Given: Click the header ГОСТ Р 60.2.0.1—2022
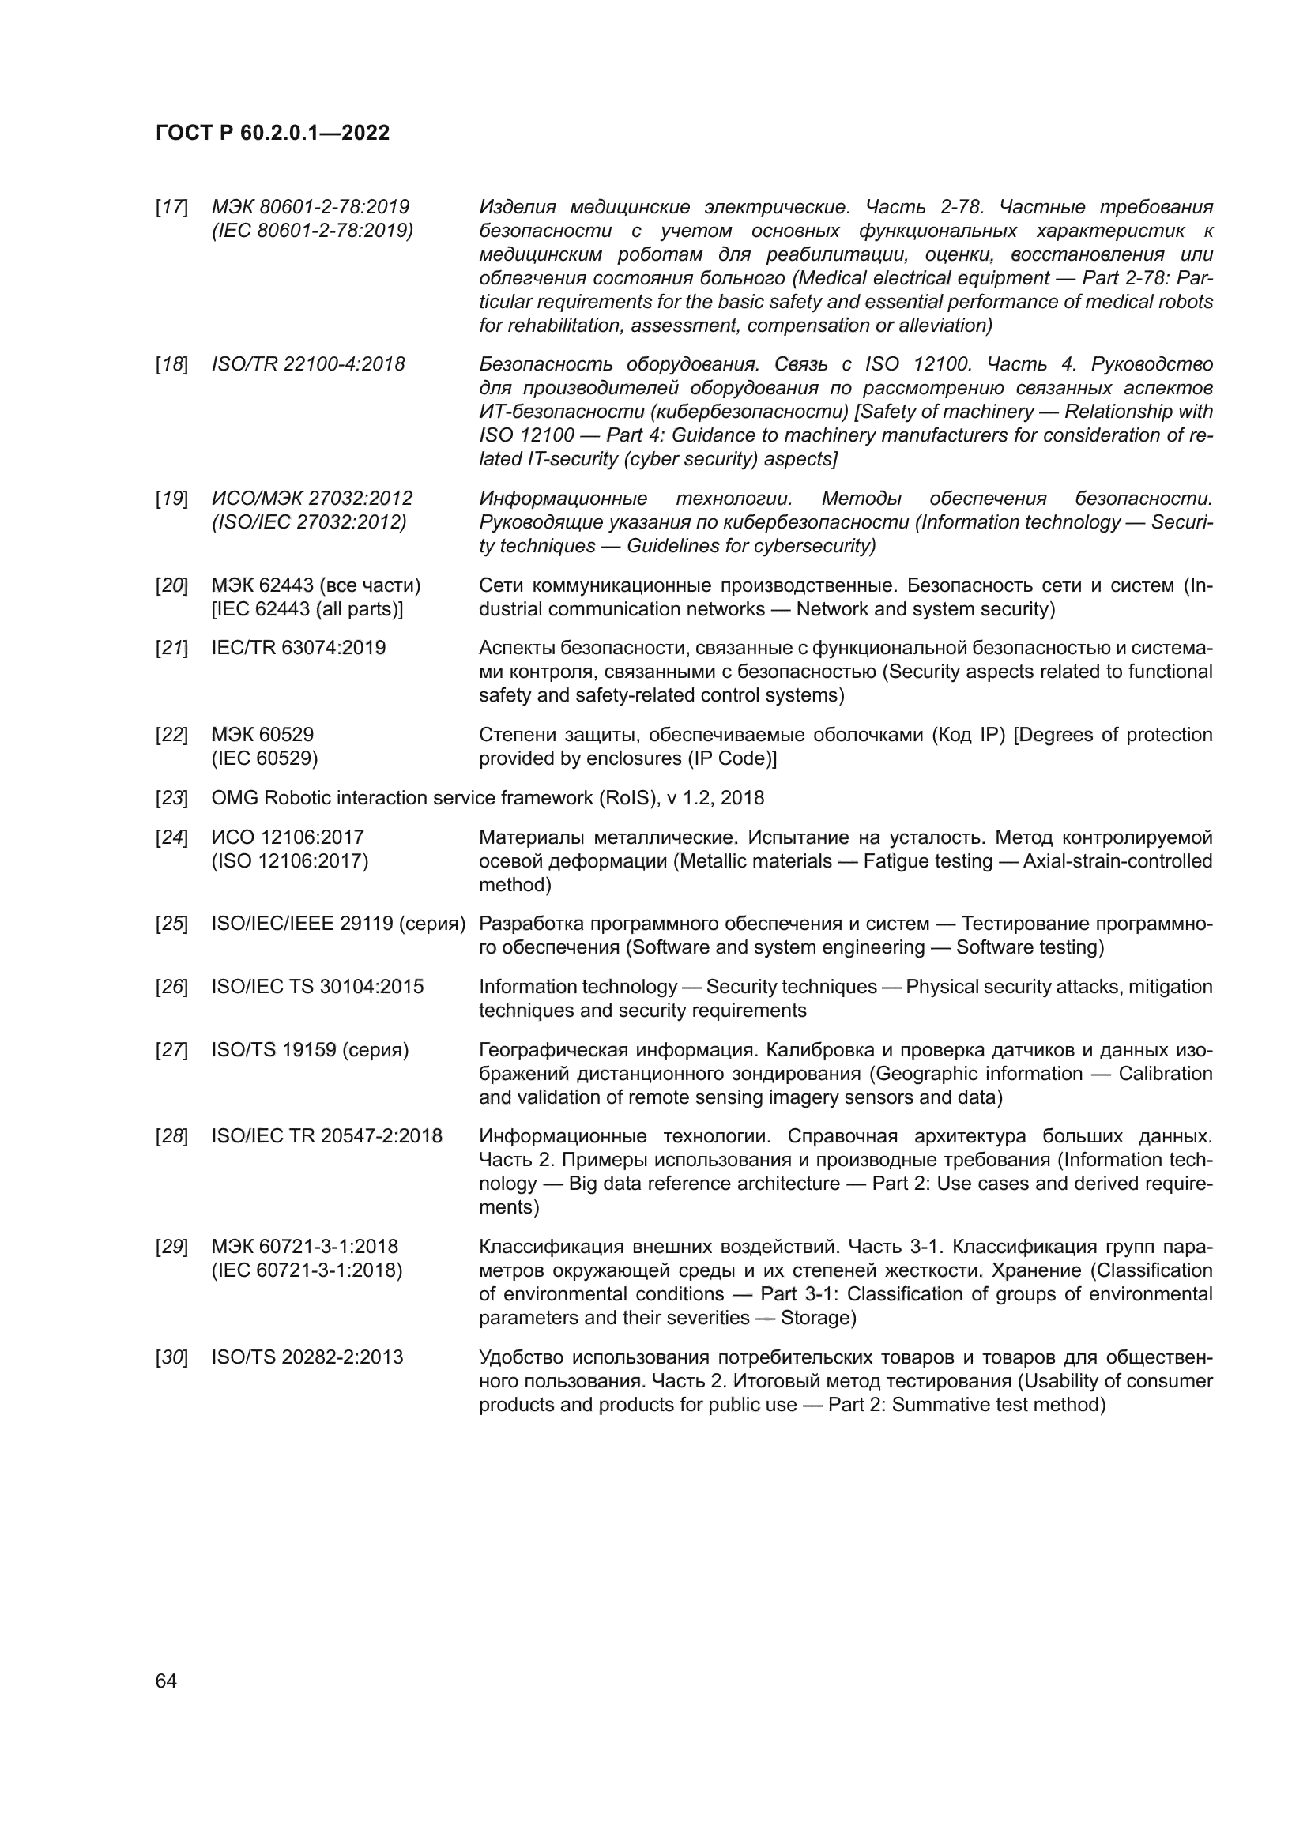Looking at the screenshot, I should coord(272,133).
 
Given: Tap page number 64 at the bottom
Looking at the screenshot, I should coord(166,1681).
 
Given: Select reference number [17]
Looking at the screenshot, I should coord(171,208).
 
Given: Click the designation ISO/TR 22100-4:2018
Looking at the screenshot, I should coord(308,364).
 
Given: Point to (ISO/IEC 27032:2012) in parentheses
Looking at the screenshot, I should coord(309,522).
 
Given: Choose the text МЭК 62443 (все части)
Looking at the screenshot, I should coord(316,585).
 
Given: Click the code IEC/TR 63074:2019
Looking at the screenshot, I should coord(299,648).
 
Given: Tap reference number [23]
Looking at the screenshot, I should coord(171,799).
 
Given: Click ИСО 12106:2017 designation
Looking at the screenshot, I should coord(288,837).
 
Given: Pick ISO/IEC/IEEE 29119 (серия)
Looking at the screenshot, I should coord(338,924).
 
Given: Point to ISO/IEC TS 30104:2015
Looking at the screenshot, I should coord(317,987).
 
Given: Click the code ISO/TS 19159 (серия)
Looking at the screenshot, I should coord(310,1050).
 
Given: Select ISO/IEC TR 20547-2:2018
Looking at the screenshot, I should coord(327,1136).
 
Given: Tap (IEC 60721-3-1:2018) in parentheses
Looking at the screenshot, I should coord(307,1271).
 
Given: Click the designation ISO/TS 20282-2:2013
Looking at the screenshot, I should coord(307,1358).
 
